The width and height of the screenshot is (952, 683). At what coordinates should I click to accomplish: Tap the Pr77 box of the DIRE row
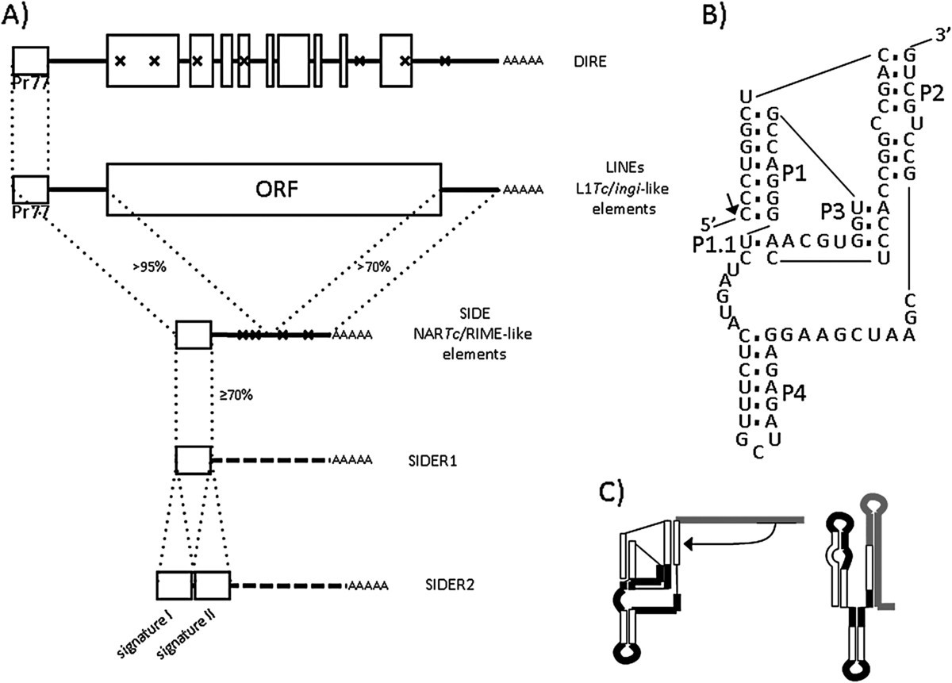coord(31,61)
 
